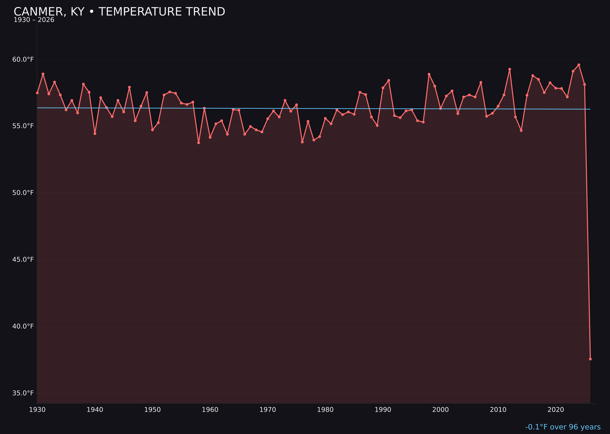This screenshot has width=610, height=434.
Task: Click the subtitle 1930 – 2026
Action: pos(34,20)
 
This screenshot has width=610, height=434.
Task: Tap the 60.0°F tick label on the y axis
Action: pos(23,59)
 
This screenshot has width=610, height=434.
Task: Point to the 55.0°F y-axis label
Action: pos(23,126)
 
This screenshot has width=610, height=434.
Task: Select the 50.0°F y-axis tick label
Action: pos(23,193)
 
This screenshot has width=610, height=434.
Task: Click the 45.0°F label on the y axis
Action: pos(23,259)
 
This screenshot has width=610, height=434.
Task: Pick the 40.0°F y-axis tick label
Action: pos(23,326)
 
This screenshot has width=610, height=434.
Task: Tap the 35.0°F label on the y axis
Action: pos(23,393)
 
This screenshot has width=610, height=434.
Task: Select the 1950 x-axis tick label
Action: pos(152,410)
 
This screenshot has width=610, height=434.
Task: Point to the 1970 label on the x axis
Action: pos(268,410)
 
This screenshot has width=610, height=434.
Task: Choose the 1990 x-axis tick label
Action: pos(383,410)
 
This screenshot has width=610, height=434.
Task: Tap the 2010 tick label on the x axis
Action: pos(498,410)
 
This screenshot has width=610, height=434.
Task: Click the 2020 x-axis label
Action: pos(556,410)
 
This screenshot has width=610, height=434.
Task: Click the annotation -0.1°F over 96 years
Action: pos(563,427)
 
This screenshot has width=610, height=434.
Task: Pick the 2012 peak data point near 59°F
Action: pos(510,69)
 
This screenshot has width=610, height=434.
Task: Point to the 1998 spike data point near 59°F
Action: pos(429,74)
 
